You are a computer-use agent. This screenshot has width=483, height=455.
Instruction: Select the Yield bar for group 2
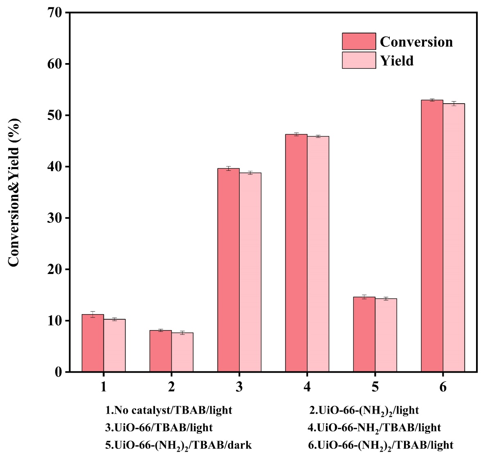tap(182, 352)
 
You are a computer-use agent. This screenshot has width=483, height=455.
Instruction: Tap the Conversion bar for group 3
tap(228, 270)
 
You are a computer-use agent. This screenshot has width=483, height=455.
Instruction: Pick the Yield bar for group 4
tap(318, 254)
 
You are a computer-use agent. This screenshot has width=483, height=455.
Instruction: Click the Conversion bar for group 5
tap(364, 334)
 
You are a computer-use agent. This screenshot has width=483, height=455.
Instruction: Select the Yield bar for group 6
tap(454, 238)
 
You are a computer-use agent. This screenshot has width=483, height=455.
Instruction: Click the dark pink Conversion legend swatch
tap(359, 41)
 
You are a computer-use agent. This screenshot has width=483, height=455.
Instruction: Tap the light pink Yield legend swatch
tap(359, 60)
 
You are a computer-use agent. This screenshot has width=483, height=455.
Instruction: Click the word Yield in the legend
tap(397, 61)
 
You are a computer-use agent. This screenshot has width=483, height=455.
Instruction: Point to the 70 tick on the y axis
tap(54, 13)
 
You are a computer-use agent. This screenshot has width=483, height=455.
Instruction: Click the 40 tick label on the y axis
tap(54, 167)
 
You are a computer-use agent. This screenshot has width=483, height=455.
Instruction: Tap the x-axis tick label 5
tap(375, 387)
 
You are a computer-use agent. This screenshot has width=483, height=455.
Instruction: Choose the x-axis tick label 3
tap(239, 387)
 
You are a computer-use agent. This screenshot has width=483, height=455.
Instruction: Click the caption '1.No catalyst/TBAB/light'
tap(168, 410)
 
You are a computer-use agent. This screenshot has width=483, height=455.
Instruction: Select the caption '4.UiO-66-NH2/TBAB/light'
tap(374, 428)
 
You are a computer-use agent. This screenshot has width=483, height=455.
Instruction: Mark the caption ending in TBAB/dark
tap(178, 445)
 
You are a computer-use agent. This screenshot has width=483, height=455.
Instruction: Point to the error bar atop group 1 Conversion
tap(92, 314)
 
